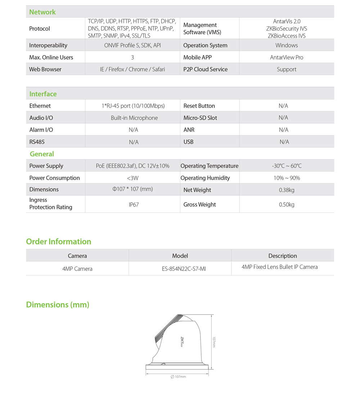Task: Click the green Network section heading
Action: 42,12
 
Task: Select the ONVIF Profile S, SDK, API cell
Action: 132,45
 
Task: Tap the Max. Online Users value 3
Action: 132,57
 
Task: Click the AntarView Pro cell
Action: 287,57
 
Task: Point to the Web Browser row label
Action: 45,69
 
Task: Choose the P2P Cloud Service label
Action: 205,69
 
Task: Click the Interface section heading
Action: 43,94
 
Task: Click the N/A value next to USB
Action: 284,142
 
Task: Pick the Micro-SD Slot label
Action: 200,118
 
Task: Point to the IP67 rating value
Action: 134,204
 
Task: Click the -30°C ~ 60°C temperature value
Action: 287,166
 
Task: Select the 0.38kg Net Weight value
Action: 287,190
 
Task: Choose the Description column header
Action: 283,256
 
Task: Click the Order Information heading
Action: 59,241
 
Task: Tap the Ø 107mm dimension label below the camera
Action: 178,377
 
